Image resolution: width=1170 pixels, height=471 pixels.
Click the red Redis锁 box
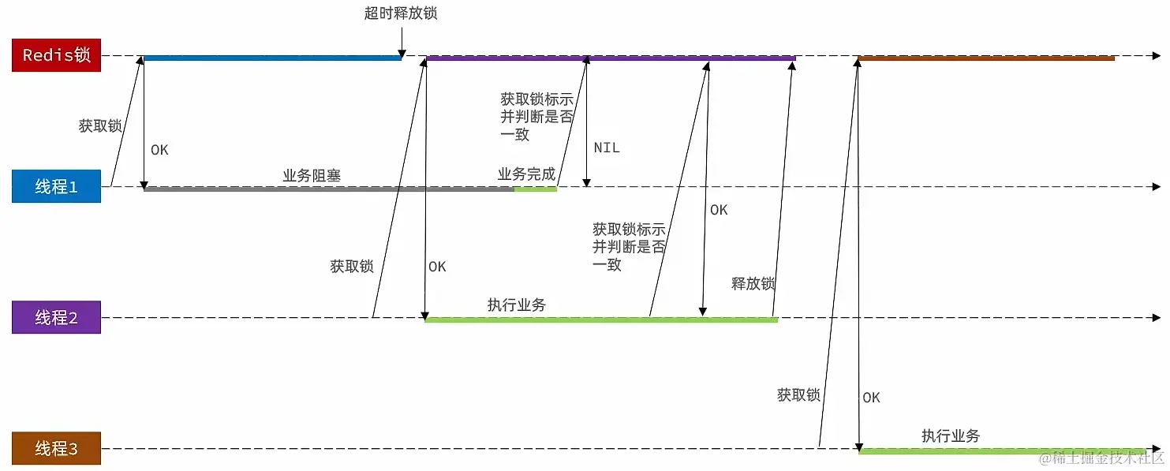pos(56,55)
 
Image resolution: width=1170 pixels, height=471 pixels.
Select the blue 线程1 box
pos(56,187)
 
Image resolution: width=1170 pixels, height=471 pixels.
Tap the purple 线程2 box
pos(56,318)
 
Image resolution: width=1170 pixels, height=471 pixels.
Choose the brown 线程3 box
pos(56,449)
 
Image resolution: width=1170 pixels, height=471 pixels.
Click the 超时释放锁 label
pos(401,13)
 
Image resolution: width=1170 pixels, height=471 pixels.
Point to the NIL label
pos(607,148)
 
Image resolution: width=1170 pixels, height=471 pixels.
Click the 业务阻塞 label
pos(312,175)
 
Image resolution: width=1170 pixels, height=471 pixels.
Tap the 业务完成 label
pos(526,174)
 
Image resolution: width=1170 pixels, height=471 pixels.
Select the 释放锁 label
pos(753,284)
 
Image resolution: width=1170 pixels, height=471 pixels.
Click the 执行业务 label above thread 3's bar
pos(951,435)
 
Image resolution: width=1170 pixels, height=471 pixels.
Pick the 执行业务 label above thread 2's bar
pos(517,305)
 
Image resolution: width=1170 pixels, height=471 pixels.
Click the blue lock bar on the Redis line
pos(272,58)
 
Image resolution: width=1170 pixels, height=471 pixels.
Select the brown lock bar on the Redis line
pos(986,58)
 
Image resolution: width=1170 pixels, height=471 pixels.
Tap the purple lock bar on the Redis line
pos(611,58)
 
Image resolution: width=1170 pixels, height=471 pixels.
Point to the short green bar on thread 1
pos(536,189)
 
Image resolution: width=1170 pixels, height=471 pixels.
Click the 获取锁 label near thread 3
pos(798,394)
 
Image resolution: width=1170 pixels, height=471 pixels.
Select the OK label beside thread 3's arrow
pos(871,398)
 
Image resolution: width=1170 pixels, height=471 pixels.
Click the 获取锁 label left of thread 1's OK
pos(100,125)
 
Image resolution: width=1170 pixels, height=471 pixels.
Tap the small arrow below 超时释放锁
pos(402,39)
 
